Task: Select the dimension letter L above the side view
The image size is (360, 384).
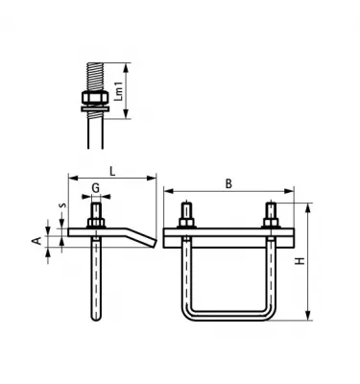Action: [112, 170]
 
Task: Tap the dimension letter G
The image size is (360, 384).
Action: [96, 187]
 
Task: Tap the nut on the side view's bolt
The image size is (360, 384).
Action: [97, 224]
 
